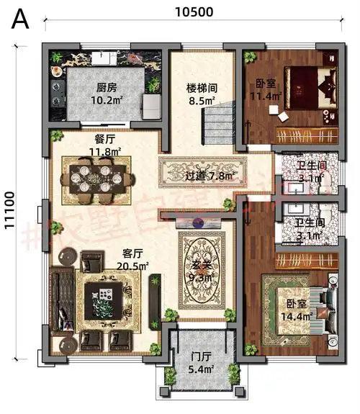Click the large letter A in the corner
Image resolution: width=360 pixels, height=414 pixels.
pyautogui.click(x=20, y=19)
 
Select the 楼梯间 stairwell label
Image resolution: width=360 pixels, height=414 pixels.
pyautogui.click(x=202, y=89)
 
